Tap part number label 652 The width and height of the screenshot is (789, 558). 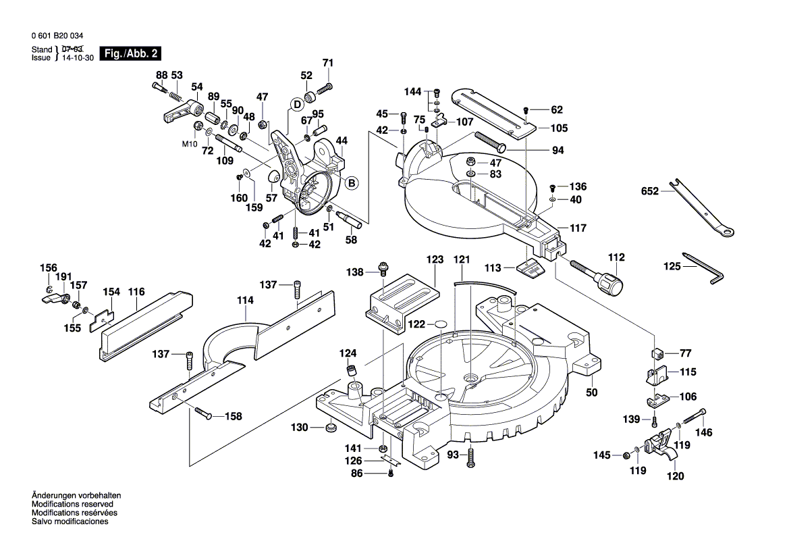tap(649, 192)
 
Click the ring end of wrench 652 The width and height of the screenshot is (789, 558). tap(728, 234)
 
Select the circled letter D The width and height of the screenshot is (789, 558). tap(296, 104)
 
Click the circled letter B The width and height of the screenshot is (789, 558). tap(351, 182)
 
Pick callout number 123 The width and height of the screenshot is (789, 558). tap(434, 259)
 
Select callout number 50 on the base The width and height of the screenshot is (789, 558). tap(591, 392)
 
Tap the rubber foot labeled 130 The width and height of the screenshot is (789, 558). tap(331, 428)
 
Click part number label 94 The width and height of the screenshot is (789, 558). tap(557, 151)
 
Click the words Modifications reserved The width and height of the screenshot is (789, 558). tap(72, 504)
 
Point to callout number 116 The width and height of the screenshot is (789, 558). tap(136, 292)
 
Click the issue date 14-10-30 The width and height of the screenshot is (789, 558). tap(78, 58)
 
